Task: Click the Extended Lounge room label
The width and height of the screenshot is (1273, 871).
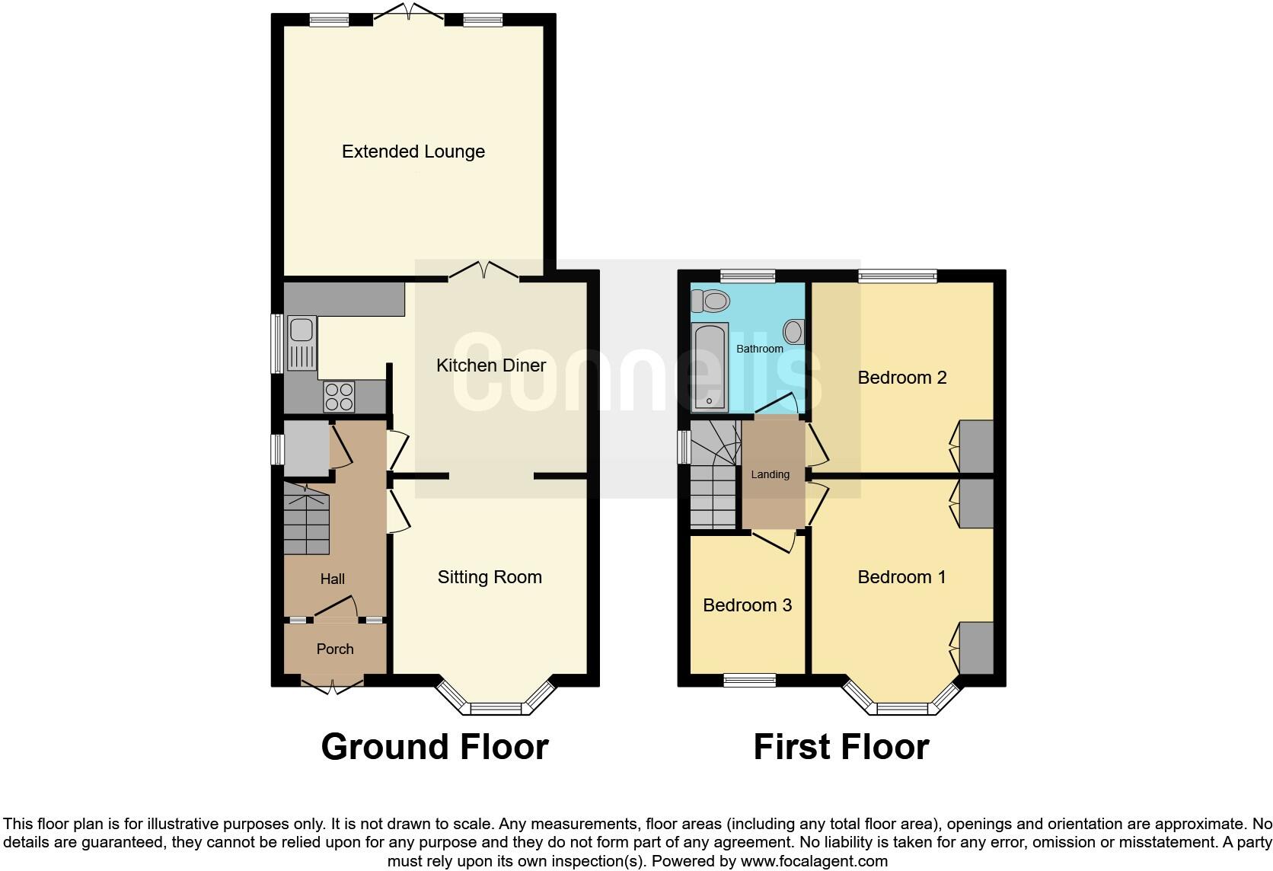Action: coord(413,152)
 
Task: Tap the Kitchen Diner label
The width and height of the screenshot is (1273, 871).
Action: coord(490,365)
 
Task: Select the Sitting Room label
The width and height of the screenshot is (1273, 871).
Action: coord(490,577)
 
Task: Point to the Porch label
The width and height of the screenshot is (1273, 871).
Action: coord(335,649)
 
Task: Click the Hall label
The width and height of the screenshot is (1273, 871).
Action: coord(333,579)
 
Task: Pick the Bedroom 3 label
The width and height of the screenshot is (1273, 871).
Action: coord(747,605)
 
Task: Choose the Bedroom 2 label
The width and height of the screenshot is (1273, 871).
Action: coord(901,378)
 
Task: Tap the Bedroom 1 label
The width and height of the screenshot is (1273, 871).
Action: coord(901,577)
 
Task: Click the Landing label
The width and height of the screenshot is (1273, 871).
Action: coord(770,474)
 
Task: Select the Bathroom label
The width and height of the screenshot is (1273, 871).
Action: coord(759,349)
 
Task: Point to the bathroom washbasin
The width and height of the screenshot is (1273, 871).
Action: coord(793,331)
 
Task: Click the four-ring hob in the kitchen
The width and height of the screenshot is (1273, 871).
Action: coord(339,396)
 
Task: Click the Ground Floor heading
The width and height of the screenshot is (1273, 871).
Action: coord(435,747)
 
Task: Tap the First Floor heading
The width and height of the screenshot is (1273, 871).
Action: coord(841,747)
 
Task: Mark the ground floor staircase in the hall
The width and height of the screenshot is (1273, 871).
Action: coord(307,522)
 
